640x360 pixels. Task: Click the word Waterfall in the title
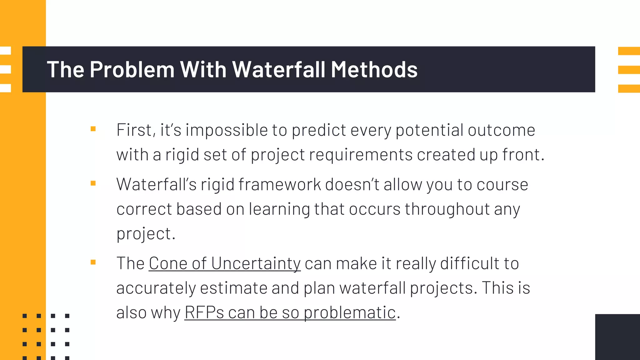pos(279,69)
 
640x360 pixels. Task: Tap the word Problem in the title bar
pos(132,69)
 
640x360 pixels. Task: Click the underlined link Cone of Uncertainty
pos(224,263)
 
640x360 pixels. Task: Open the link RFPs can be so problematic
pos(290,312)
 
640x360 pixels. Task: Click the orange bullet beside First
pos(93,129)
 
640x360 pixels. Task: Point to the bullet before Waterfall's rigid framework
pos(93,183)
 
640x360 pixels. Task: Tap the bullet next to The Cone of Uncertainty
pos(93,262)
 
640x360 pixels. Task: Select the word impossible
pos(226,130)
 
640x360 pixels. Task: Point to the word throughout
pos(447,209)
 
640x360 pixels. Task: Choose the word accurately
pos(156,288)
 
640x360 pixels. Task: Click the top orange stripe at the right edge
pos(629,51)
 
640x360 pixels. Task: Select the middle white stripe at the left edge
pos(5,69)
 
